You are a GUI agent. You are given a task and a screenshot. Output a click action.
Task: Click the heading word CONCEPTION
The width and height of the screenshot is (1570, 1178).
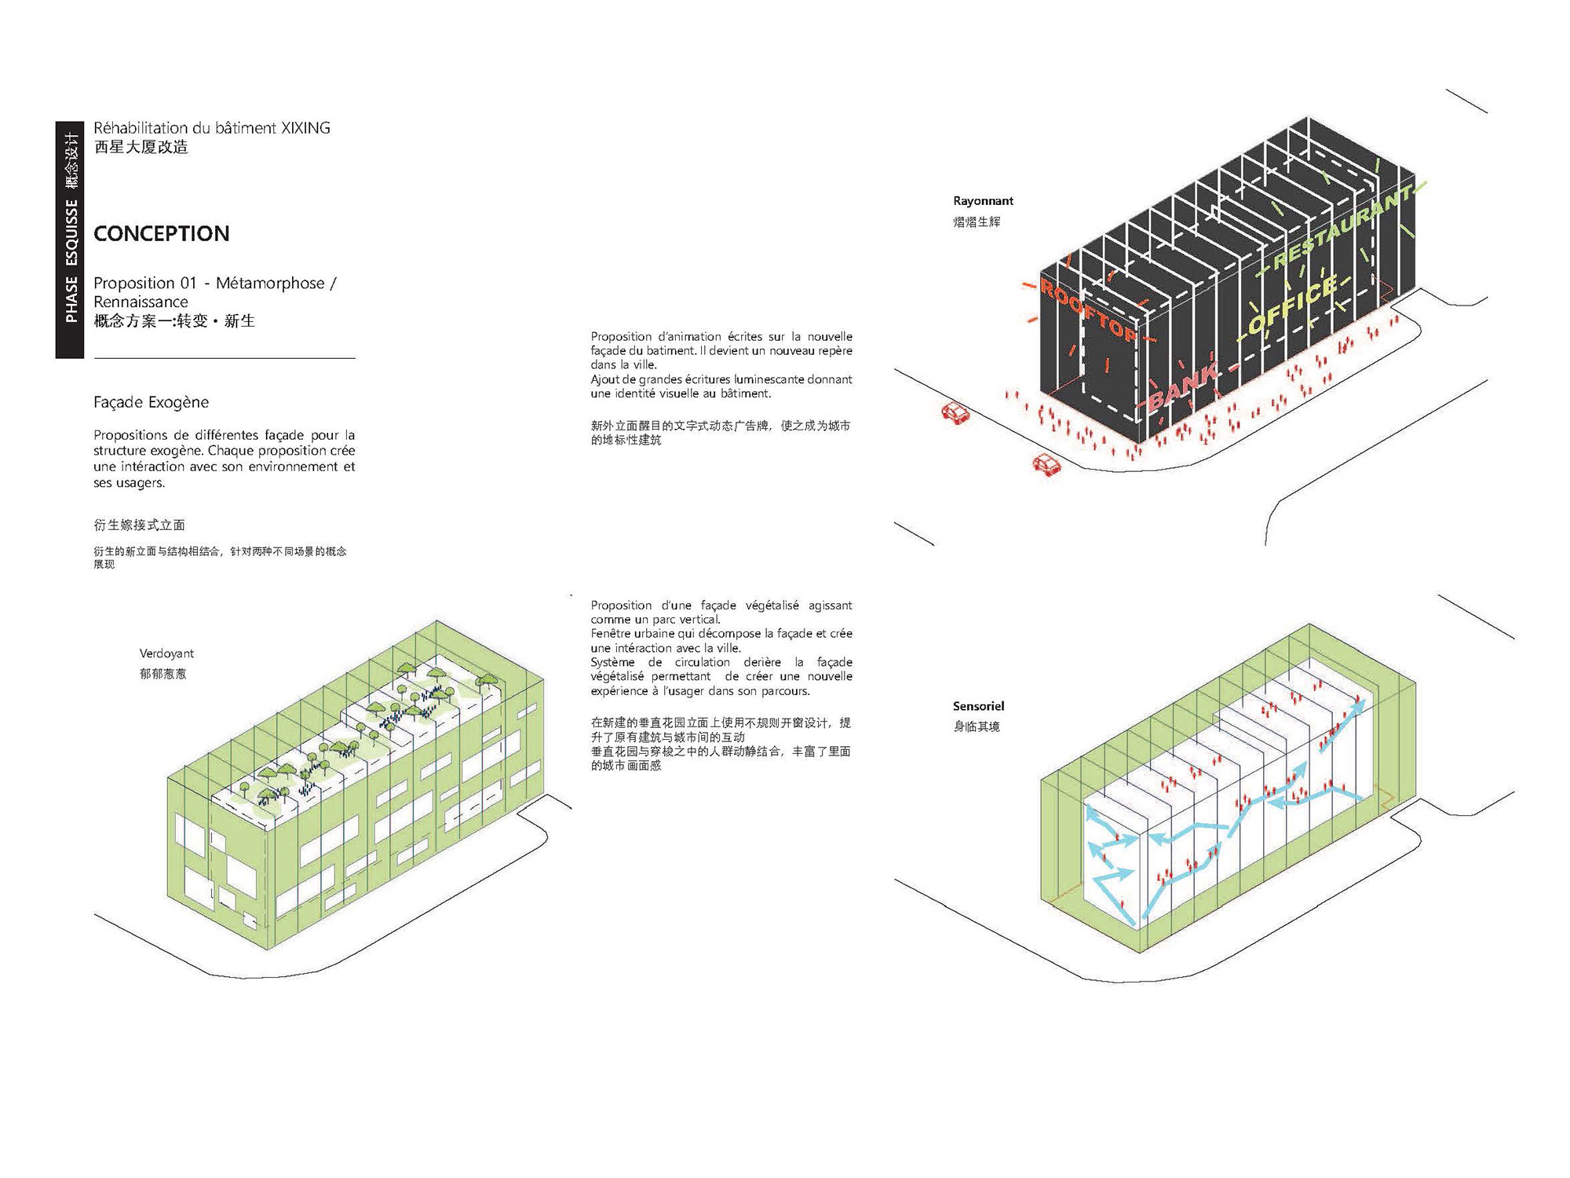pos(161,233)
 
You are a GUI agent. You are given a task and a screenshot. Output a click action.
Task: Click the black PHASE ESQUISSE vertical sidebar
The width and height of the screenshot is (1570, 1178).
pos(70,240)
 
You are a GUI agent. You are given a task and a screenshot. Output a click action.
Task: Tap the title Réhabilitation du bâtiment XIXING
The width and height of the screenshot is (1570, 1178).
pos(212,127)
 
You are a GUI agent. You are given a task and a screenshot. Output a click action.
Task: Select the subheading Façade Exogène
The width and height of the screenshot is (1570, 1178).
pos(151,402)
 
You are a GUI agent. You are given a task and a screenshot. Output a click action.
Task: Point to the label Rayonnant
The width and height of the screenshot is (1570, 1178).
pos(983,201)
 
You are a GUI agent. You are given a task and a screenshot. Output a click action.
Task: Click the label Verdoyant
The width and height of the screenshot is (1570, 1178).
pos(166,653)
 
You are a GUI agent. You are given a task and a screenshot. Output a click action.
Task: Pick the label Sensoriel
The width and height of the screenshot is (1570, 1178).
pos(978,706)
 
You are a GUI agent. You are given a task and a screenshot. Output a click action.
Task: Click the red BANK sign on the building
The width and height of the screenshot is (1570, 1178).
pos(1185,387)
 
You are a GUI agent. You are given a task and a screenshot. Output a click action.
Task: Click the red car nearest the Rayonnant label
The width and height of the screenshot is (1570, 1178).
pos(955,413)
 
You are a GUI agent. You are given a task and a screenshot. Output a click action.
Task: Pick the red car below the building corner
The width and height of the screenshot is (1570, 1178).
pos(1046,465)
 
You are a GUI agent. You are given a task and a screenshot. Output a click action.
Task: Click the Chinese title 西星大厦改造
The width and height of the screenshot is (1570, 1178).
pos(141,147)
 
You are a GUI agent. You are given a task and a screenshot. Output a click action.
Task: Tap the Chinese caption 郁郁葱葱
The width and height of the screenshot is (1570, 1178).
pos(163,674)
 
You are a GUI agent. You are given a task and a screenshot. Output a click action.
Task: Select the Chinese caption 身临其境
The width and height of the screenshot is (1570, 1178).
pos(977,726)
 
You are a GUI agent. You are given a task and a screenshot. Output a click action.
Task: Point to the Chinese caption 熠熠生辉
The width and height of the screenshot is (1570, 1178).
pos(977,221)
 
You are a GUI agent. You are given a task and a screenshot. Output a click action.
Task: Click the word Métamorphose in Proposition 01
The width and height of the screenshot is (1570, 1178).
pos(270,283)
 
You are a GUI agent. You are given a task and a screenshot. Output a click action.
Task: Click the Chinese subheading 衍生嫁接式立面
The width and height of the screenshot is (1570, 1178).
pos(140,525)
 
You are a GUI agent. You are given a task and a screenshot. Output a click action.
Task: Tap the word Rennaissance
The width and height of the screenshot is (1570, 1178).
pos(141,302)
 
